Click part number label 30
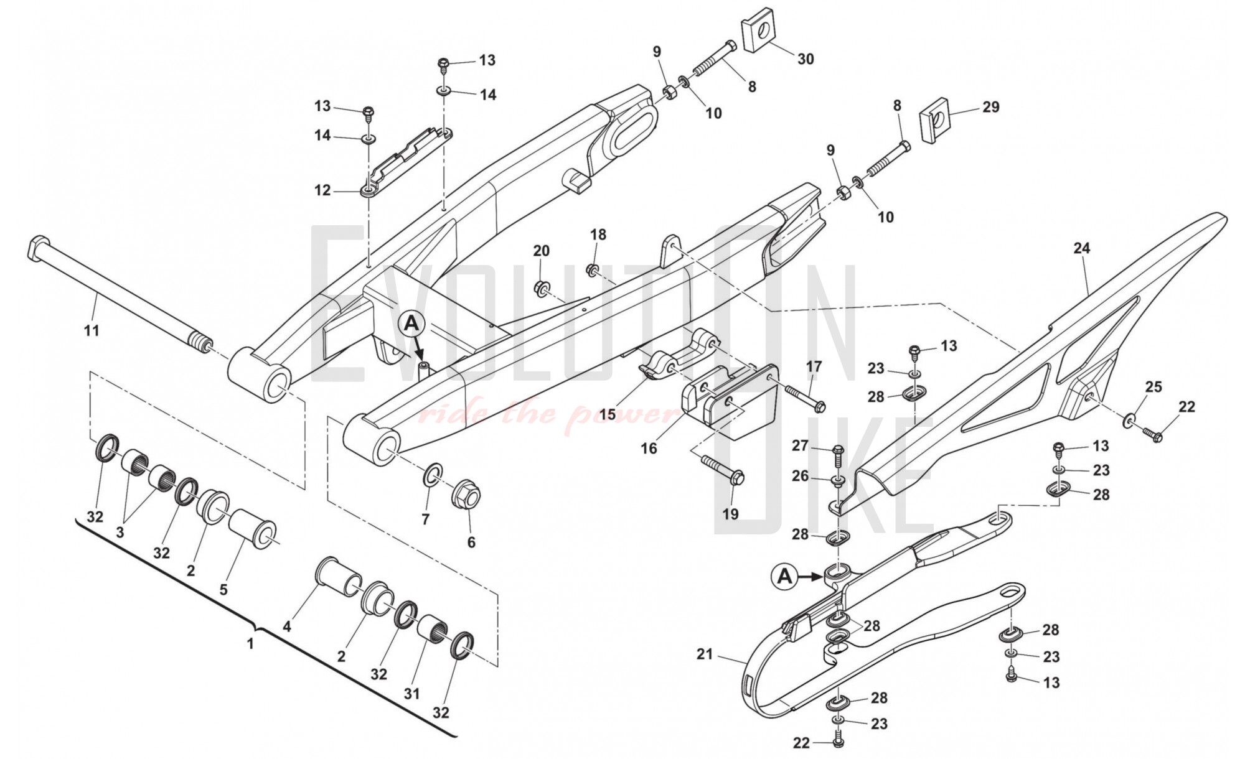click(x=806, y=59)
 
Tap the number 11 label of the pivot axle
click(x=92, y=331)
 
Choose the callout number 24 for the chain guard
click(x=1082, y=248)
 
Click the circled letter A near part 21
click(x=786, y=577)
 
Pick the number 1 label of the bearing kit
click(x=250, y=643)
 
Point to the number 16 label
click(x=649, y=448)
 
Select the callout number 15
click(x=608, y=414)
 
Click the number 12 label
click(x=322, y=190)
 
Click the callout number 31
click(x=411, y=692)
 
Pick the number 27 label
click(x=800, y=445)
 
